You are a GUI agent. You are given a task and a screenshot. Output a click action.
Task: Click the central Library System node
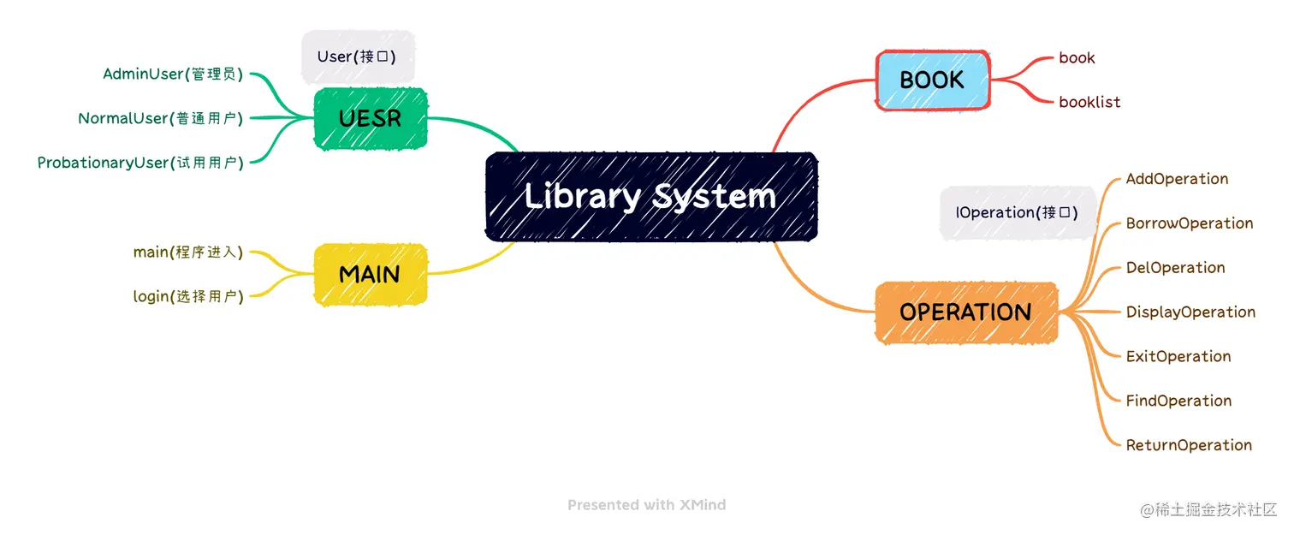pyautogui.click(x=650, y=196)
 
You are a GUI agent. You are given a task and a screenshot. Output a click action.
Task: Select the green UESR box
pyautogui.click(x=370, y=118)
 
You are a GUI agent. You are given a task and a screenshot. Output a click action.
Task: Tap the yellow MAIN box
pyautogui.click(x=370, y=275)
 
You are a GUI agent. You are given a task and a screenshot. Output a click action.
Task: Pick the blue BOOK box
pyautogui.click(x=932, y=80)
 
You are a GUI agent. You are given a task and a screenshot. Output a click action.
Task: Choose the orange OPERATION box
pyautogui.click(x=965, y=312)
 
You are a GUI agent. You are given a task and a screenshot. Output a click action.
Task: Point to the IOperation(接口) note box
pyautogui.click(x=1017, y=212)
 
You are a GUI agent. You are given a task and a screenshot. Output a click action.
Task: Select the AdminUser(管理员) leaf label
pyautogui.click(x=173, y=74)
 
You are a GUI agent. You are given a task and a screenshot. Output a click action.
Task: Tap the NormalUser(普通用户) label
pyautogui.click(x=161, y=118)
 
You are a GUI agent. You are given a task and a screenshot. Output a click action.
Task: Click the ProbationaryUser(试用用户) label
pyautogui.click(x=140, y=163)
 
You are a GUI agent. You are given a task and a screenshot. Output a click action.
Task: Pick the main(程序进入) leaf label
pyautogui.click(x=188, y=253)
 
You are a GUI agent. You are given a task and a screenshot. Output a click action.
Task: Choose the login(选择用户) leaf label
pyautogui.click(x=188, y=297)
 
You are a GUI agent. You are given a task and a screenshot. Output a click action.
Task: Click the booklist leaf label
pyautogui.click(x=1089, y=102)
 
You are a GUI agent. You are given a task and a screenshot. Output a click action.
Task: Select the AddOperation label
pyautogui.click(x=1177, y=179)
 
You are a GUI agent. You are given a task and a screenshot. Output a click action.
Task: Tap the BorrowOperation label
pyautogui.click(x=1190, y=223)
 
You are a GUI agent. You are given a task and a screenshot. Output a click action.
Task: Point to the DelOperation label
pyautogui.click(x=1175, y=268)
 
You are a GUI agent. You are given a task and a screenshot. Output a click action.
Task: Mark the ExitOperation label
pyautogui.click(x=1178, y=356)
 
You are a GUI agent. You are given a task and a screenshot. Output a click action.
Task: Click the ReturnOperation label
pyautogui.click(x=1189, y=445)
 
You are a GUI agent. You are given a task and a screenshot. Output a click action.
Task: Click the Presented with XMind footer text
pyautogui.click(x=646, y=505)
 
